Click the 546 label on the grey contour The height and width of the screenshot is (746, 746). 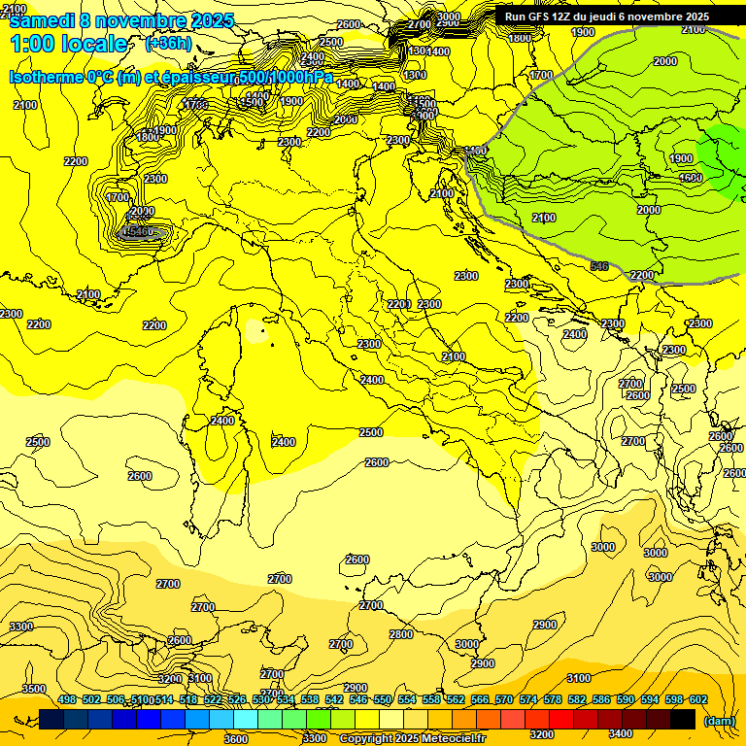coord(599,265)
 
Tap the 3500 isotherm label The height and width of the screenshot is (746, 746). coord(34,689)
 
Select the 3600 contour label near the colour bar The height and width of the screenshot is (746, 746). coord(236,738)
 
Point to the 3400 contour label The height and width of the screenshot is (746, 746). coord(621,734)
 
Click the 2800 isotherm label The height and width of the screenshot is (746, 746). coord(401,634)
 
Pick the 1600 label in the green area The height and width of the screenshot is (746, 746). coord(691,178)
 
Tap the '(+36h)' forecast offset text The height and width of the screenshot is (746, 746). coord(168,44)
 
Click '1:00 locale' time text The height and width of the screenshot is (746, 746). coord(68,44)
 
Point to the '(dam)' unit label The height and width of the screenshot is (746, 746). coord(720,720)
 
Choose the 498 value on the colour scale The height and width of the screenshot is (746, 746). coord(67,699)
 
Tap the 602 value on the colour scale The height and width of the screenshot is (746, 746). coord(698,699)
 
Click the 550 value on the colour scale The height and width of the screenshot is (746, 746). coord(383,699)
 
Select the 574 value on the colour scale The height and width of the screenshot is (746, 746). coord(528,699)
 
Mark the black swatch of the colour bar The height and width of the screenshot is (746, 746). coord(683,719)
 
